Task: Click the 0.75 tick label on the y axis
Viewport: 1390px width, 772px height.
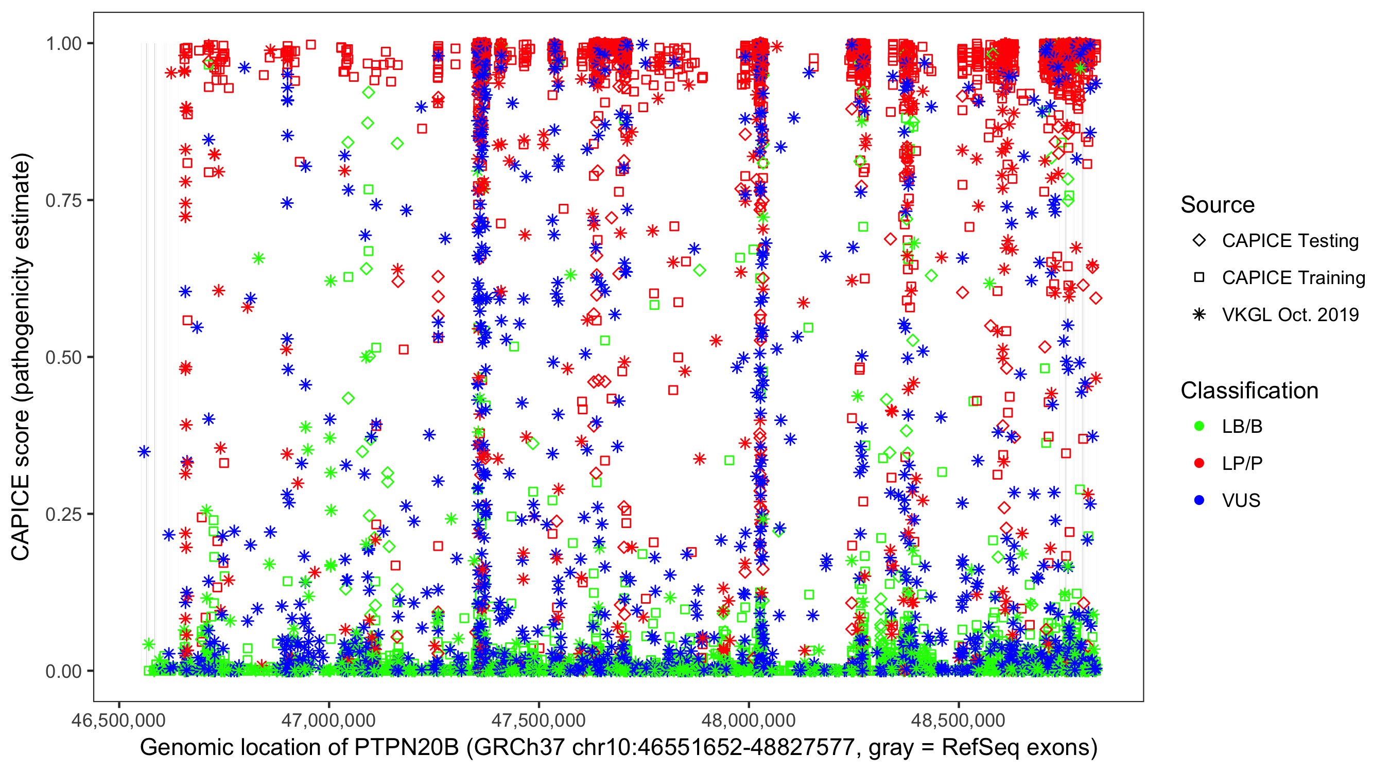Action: (63, 201)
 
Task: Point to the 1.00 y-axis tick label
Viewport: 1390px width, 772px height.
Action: (63, 44)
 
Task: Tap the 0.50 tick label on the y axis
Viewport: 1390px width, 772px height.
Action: (63, 358)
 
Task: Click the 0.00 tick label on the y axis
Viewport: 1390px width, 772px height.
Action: (63, 672)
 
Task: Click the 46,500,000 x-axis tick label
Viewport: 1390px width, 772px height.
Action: (119, 720)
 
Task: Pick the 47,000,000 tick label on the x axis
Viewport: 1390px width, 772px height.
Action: (328, 720)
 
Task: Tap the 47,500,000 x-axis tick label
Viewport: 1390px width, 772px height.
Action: (538, 720)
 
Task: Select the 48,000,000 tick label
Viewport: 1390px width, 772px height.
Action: (749, 720)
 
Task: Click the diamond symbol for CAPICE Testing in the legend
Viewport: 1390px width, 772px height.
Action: (1199, 241)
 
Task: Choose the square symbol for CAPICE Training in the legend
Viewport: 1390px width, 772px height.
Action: (1199, 277)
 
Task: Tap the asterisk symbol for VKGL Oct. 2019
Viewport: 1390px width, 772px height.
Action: (1199, 314)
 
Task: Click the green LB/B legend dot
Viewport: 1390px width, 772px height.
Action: (1199, 426)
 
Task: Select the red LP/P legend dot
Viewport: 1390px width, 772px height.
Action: (1199, 463)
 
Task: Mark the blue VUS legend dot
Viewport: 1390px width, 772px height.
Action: (1199, 500)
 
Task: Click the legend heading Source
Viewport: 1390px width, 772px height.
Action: (1218, 205)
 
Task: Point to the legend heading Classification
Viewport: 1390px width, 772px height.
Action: (1249, 391)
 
